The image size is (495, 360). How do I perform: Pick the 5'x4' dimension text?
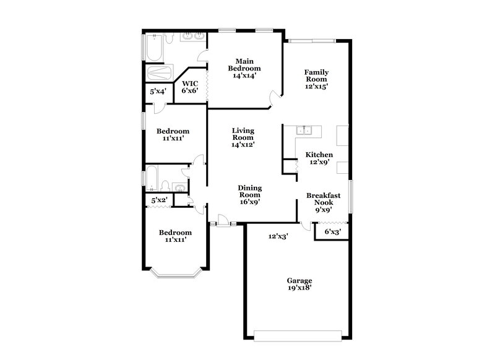158,92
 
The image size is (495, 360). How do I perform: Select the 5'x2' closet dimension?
160,200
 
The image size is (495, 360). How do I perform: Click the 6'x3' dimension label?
333,233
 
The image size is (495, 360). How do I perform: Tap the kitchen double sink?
303,131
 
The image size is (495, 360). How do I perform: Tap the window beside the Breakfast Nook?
350,197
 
